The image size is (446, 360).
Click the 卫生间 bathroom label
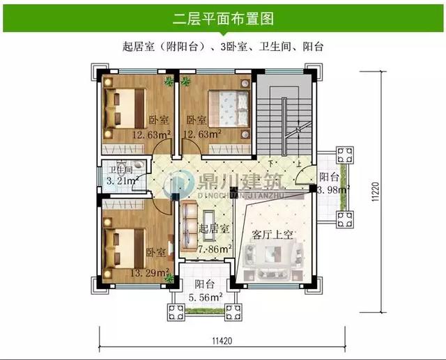116,170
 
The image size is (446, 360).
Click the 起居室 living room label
212,228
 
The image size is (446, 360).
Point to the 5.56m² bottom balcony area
205,297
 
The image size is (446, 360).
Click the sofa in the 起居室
187,226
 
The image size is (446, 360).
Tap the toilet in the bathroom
139,166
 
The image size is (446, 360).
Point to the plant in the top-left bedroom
169,81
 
